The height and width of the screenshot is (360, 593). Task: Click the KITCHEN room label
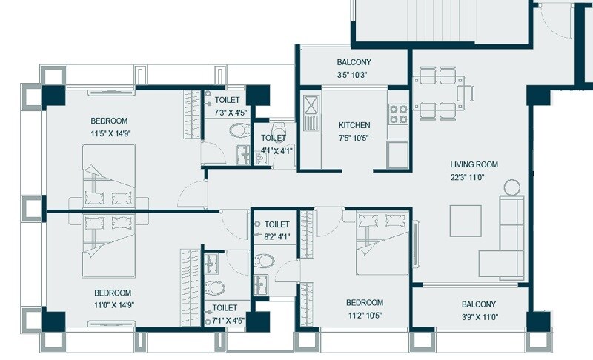pyautogui.click(x=354, y=125)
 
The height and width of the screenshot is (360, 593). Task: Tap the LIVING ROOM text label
pyautogui.click(x=474, y=164)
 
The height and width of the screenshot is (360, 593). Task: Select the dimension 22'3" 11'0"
pyautogui.click(x=474, y=178)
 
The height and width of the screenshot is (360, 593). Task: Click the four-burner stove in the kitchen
pyautogui.click(x=398, y=113)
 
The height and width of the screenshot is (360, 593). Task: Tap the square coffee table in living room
pyautogui.click(x=465, y=220)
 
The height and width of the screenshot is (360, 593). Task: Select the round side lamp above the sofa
pyautogui.click(x=511, y=187)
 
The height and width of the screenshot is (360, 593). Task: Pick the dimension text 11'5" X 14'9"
pyautogui.click(x=110, y=134)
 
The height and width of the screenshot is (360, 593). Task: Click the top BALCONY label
pyautogui.click(x=354, y=63)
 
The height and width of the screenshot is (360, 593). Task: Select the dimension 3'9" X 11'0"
pyautogui.click(x=478, y=317)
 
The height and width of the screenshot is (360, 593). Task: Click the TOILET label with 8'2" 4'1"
pyautogui.click(x=276, y=224)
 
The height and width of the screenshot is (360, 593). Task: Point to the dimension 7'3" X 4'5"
pyautogui.click(x=230, y=113)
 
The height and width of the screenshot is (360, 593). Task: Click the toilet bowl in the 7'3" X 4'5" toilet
pyautogui.click(x=238, y=132)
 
